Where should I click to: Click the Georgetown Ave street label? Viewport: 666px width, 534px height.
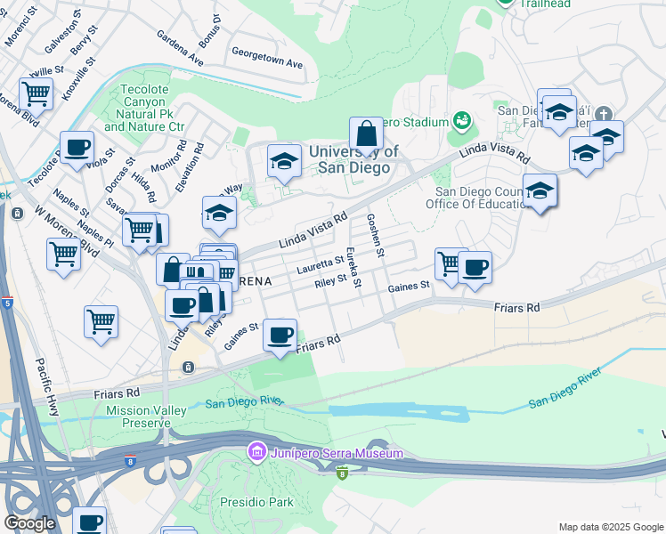267,65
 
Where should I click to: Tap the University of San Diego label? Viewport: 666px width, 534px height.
348,159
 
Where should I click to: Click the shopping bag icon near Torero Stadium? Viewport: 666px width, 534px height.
365,135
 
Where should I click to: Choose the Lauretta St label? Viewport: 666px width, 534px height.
320,263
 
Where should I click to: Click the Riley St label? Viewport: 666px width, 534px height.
330,281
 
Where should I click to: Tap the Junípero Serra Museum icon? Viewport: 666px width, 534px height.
257,453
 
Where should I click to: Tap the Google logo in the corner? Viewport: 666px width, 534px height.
29,523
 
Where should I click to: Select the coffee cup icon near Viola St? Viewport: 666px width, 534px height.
77,148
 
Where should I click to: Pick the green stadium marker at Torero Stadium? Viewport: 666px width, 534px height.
461,119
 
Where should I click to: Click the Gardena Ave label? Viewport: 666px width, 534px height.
180,50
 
